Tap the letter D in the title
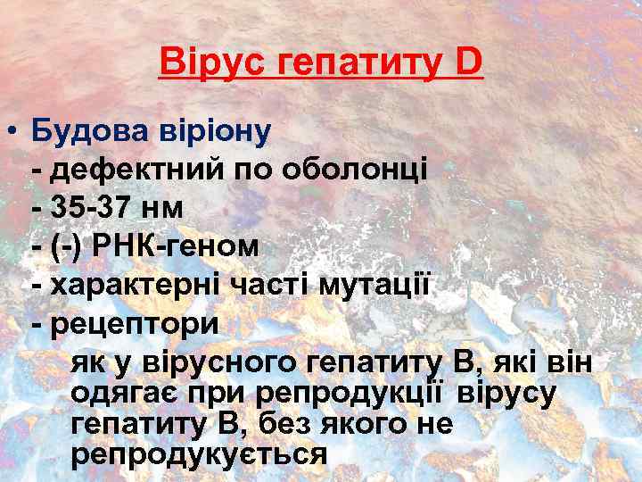coord(468,63)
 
